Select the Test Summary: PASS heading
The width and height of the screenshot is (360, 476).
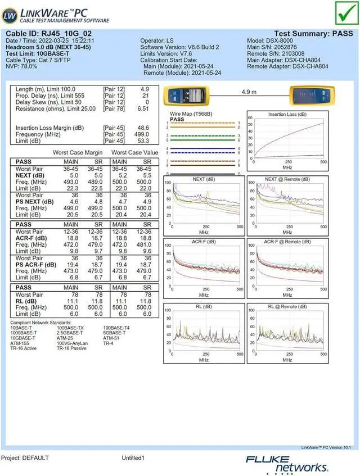(314, 34)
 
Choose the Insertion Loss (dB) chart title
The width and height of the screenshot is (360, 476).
(287, 115)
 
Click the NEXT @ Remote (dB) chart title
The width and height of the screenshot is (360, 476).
(287, 179)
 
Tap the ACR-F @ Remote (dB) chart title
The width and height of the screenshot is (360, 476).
(287, 242)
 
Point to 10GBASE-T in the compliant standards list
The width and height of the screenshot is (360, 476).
(23, 338)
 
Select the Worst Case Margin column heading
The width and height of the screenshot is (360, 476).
(78, 152)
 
